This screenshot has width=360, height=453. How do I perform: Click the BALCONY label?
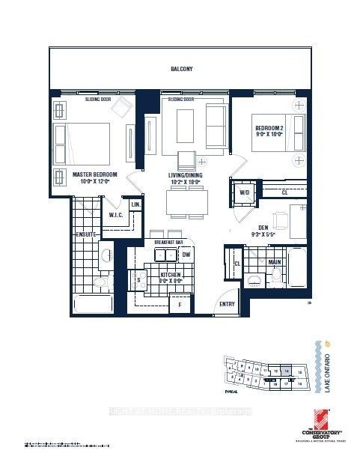[x=181, y=69]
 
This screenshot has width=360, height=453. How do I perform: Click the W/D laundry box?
[x=244, y=192]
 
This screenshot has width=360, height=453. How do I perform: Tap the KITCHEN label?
[x=171, y=277]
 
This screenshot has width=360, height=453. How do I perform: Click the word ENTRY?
[x=227, y=303]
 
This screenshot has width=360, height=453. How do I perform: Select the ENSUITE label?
[x=65, y=233]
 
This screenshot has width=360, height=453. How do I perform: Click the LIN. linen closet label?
[x=136, y=204]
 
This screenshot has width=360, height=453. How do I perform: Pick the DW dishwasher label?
[x=186, y=255]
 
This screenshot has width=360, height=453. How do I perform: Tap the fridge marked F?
[x=179, y=305]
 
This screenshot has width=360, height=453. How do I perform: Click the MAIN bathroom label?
[x=275, y=262]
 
